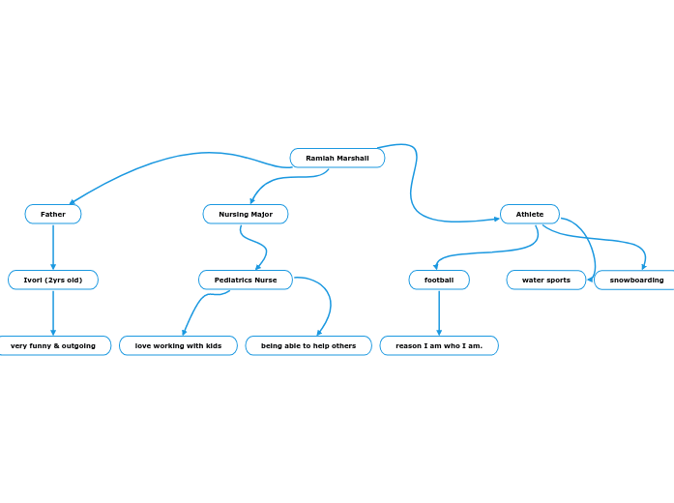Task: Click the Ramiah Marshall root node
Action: point(337,158)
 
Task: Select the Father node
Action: point(53,214)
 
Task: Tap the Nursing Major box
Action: point(246,214)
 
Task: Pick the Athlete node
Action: point(530,214)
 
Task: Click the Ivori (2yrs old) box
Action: point(53,280)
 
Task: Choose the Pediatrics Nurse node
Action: point(246,280)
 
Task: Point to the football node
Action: point(439,280)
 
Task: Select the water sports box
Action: point(546,280)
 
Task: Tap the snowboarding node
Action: point(636,280)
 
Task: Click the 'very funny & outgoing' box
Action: point(53,345)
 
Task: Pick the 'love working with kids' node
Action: point(178,345)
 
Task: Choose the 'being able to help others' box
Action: point(308,345)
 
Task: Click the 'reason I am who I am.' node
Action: point(439,345)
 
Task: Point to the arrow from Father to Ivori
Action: point(53,247)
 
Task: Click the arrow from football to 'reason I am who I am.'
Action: point(439,312)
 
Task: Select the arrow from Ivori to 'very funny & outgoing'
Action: point(53,312)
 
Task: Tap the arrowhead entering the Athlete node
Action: point(496,219)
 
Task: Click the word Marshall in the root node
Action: point(353,158)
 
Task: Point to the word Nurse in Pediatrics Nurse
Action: point(265,280)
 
